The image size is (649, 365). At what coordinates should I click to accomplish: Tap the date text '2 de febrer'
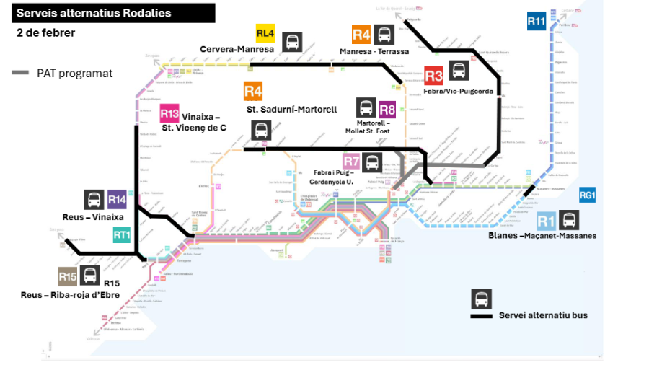tap(46, 33)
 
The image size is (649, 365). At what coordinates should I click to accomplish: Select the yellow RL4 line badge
tap(265, 33)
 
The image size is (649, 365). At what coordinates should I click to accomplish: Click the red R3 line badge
tap(433, 76)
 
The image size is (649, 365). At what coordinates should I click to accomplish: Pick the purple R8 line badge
tap(387, 110)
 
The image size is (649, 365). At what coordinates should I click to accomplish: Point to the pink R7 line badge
tap(351, 162)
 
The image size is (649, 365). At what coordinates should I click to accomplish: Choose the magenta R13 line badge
tap(169, 114)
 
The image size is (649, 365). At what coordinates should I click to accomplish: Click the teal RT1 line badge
tap(122, 234)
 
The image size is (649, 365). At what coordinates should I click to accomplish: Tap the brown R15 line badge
tap(68, 276)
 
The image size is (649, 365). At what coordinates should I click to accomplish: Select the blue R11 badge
tap(536, 22)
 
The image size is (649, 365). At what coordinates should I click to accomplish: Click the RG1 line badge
tap(588, 195)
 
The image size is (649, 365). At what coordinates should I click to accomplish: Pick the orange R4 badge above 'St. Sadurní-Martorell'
tap(252, 92)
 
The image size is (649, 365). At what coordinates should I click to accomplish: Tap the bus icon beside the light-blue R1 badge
tap(570, 220)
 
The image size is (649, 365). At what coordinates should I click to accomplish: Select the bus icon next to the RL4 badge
tap(292, 41)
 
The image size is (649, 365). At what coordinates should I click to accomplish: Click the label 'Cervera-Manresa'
tap(237, 49)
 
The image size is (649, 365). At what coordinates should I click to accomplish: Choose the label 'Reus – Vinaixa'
tap(93, 216)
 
